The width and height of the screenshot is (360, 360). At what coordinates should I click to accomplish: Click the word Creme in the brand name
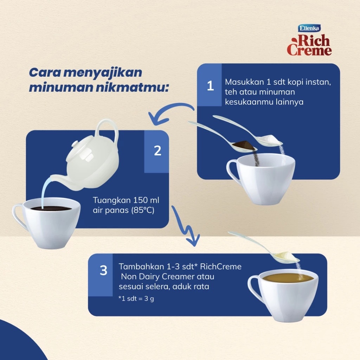point(309,51)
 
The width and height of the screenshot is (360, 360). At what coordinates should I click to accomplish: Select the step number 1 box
point(210,85)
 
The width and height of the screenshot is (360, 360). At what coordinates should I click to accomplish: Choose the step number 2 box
point(157,151)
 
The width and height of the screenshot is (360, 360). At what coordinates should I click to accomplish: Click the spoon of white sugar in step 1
point(271,140)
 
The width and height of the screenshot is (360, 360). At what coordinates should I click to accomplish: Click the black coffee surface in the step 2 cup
point(51,208)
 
